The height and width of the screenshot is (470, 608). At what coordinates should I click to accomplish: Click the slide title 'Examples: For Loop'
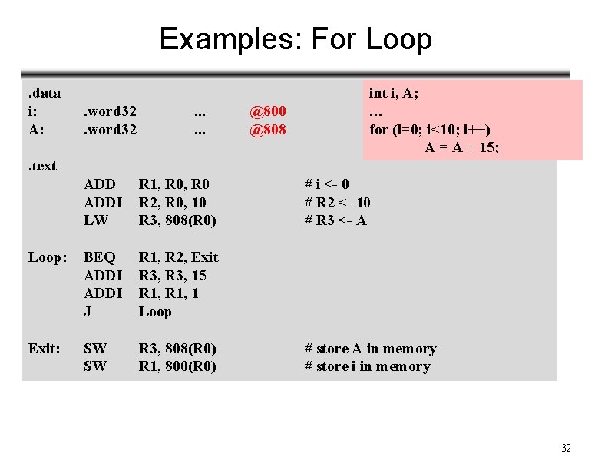coord(296,38)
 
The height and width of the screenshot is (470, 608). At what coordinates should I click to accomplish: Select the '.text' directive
coord(42,166)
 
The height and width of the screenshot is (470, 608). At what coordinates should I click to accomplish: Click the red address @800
coord(268,111)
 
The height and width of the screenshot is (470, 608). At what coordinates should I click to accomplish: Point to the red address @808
coord(268,130)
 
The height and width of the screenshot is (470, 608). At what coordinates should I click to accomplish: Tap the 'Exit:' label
coord(45,349)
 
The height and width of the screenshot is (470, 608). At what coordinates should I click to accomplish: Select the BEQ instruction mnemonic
coord(100,257)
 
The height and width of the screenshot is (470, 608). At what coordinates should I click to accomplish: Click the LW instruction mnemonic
coord(96,220)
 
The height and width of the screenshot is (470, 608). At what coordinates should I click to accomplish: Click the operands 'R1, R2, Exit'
coord(178,257)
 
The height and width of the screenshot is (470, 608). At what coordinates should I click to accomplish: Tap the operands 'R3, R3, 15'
coord(173,276)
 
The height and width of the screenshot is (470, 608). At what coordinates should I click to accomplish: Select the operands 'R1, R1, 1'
coord(169,293)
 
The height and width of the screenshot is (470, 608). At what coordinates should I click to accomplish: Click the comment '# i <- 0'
coord(327,184)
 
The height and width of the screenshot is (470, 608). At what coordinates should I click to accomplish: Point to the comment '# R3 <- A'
coord(335,220)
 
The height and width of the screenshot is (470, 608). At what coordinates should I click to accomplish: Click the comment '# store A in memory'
coord(370,349)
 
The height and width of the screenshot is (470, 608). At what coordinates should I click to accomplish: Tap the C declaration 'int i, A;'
coord(394,93)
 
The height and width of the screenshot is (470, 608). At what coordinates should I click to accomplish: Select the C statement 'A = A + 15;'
coord(461,147)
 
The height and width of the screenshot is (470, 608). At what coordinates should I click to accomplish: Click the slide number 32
coord(566,448)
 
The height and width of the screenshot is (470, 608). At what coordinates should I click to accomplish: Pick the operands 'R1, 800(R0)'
coord(177,366)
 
